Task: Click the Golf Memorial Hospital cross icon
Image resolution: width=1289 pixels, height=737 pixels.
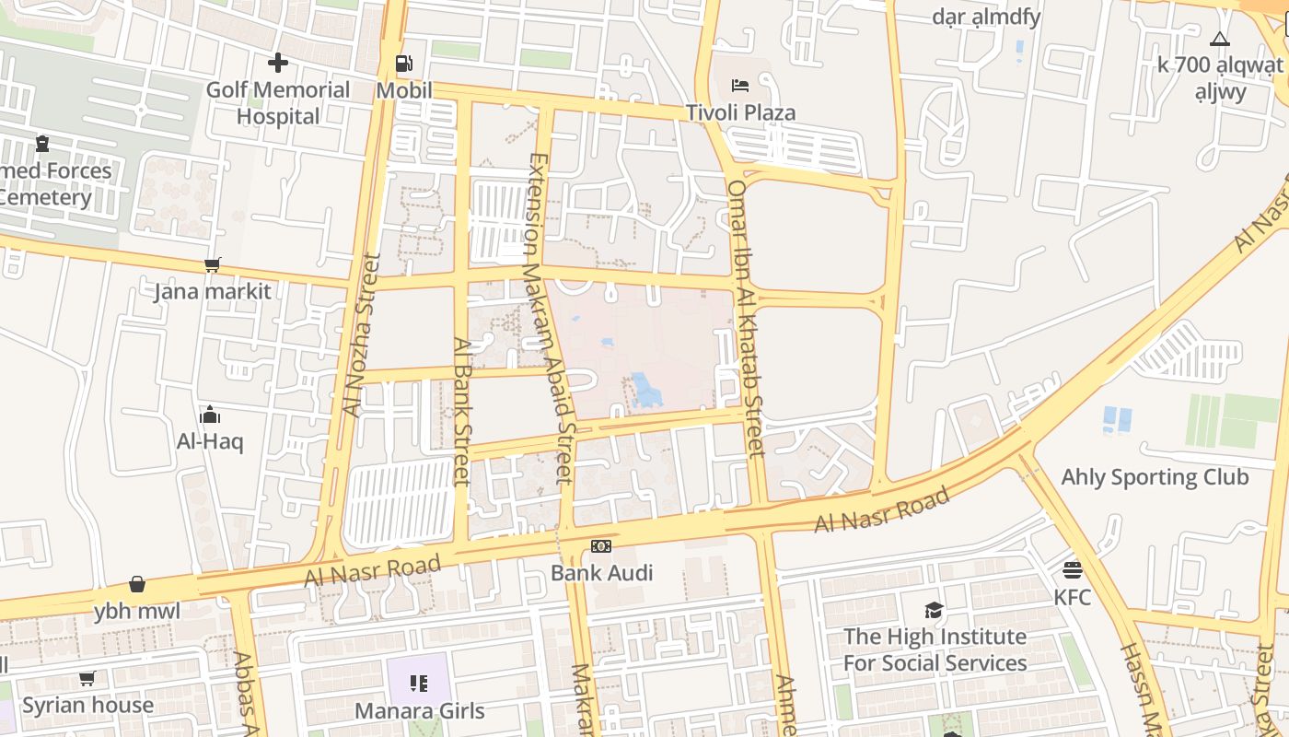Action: tap(277, 63)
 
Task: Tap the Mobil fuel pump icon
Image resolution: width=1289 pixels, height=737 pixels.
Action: tap(403, 64)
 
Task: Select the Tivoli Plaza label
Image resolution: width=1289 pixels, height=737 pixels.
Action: tap(740, 112)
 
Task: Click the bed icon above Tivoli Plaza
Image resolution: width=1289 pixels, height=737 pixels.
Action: tap(739, 86)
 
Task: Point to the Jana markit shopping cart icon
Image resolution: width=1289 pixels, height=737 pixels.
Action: tap(213, 265)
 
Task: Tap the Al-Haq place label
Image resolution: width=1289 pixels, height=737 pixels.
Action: tap(210, 441)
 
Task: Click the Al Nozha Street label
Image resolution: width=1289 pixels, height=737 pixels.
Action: tap(360, 335)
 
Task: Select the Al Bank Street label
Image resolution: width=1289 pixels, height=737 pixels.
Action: tap(462, 411)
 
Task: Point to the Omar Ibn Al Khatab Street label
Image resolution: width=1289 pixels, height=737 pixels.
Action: tap(745, 318)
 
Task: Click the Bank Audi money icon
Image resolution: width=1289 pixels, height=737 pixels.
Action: tap(601, 546)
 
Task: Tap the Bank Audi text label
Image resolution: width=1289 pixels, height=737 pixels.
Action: tap(601, 572)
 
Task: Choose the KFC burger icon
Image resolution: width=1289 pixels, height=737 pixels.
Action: tap(1072, 570)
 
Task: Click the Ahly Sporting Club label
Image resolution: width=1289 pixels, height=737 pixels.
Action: tap(1155, 477)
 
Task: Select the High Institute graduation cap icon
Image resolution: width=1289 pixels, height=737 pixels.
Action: tap(935, 610)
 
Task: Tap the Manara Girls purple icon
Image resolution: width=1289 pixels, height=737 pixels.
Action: tap(419, 684)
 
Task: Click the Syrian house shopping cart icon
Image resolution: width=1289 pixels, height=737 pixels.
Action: tap(87, 679)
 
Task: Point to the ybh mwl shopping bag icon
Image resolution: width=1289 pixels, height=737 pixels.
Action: tap(137, 584)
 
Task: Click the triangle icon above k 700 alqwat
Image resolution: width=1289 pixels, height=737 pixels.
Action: tap(1220, 39)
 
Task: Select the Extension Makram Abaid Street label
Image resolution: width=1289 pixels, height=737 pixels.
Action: tap(550, 318)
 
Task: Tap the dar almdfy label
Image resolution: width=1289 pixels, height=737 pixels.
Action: tap(986, 16)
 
